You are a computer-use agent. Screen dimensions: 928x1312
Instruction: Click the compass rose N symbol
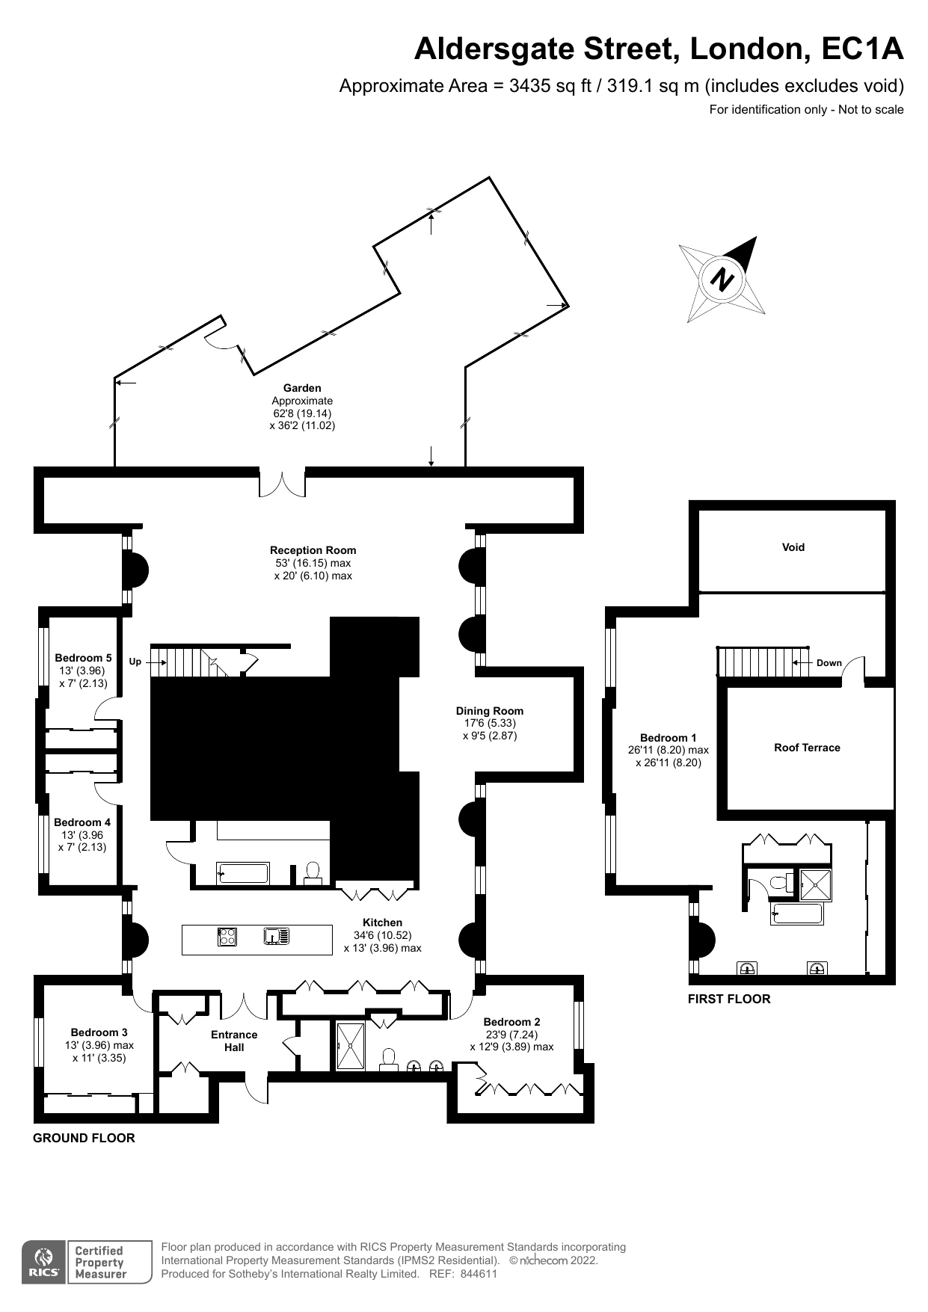722,280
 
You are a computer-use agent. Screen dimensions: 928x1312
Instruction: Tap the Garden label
302,388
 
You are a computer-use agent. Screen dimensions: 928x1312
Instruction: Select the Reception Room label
313,550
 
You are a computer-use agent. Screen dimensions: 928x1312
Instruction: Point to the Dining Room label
490,711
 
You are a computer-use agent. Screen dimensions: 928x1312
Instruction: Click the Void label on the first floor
793,547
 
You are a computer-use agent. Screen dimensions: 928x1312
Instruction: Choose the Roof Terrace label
807,748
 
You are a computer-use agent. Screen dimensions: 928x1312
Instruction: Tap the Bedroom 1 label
668,738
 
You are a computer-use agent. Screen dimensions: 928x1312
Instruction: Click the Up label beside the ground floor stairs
135,662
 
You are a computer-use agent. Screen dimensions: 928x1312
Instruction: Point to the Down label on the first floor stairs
829,663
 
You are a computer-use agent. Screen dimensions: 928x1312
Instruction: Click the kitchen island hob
227,936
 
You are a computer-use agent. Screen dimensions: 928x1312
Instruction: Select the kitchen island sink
277,935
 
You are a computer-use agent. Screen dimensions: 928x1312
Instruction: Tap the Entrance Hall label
234,1041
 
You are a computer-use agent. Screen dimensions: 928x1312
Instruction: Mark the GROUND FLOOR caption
84,1138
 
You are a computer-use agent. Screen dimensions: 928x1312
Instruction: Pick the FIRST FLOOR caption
729,999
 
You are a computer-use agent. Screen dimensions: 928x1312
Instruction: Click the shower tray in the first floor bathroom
815,885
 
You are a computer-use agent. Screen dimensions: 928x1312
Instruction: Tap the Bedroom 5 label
83,658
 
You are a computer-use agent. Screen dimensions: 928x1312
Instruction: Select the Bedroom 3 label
99,1032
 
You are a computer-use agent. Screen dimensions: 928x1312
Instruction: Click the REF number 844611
479,1274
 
